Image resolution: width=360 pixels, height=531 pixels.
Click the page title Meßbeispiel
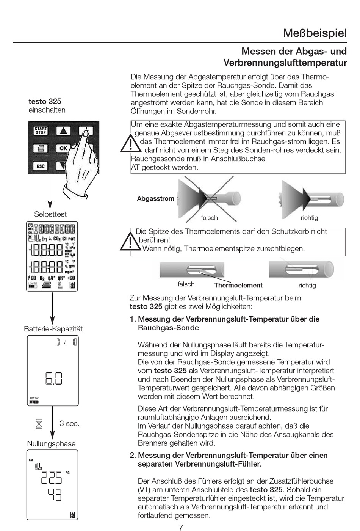[315, 33]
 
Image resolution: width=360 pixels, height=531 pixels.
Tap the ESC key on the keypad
[41, 166]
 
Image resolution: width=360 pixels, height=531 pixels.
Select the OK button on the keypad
[63, 148]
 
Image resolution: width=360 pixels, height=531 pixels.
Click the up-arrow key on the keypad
[63, 131]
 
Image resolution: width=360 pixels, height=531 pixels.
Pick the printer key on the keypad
[41, 148]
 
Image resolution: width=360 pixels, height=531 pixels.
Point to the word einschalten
[47, 110]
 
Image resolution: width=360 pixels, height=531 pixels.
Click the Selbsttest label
[50, 214]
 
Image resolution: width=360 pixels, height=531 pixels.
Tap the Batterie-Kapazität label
[53, 329]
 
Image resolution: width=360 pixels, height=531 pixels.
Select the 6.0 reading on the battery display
[54, 378]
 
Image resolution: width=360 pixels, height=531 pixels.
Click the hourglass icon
[39, 424]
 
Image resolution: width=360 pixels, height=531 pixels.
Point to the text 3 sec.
[69, 423]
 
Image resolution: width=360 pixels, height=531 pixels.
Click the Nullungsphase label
[51, 444]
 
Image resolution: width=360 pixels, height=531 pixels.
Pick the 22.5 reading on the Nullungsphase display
[52, 478]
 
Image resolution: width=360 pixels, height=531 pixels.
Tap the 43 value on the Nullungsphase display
[55, 494]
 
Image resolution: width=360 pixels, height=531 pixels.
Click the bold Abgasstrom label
[155, 199]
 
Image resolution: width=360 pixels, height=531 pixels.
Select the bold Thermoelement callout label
[238, 285]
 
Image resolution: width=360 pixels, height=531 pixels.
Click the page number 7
[181, 527]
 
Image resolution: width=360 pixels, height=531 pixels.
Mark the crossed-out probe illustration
[209, 198]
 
